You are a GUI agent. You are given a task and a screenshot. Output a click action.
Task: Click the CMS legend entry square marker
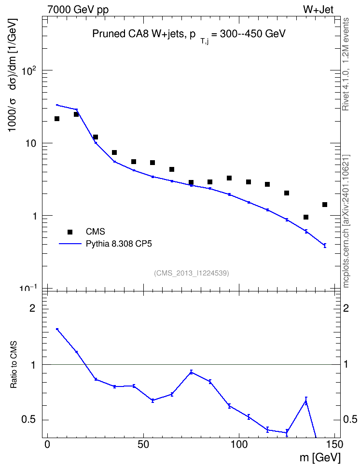coord(70,232)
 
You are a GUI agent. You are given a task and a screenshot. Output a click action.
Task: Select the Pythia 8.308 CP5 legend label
coord(119,244)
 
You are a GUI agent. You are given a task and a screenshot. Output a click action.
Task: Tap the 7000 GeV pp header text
coord(78,10)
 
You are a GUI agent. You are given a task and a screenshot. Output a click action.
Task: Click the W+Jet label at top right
coord(318,10)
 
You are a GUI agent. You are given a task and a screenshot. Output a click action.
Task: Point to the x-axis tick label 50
coord(143,444)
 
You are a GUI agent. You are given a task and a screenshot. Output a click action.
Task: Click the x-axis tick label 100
coord(239,444)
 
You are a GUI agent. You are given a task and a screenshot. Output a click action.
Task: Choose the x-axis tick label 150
coord(334,444)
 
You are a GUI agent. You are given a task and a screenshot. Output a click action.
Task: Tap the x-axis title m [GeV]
coord(320,458)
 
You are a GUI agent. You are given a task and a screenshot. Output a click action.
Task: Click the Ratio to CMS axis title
coord(14,365)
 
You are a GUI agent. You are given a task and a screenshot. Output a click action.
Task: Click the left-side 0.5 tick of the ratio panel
coord(29,420)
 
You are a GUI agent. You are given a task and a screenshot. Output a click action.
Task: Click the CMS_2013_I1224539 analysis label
coord(192,273)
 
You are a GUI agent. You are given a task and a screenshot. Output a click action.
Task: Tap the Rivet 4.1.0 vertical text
coord(346,64)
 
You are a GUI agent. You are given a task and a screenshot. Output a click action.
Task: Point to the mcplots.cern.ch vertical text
coord(346,221)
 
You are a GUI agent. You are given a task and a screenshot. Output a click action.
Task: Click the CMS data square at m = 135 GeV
coord(306,217)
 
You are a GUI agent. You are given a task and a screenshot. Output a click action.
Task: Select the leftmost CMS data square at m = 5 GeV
coord(57,119)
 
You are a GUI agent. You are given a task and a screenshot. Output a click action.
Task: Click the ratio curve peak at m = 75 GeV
coord(191,372)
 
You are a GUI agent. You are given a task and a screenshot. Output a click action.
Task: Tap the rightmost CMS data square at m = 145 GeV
coord(325,205)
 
